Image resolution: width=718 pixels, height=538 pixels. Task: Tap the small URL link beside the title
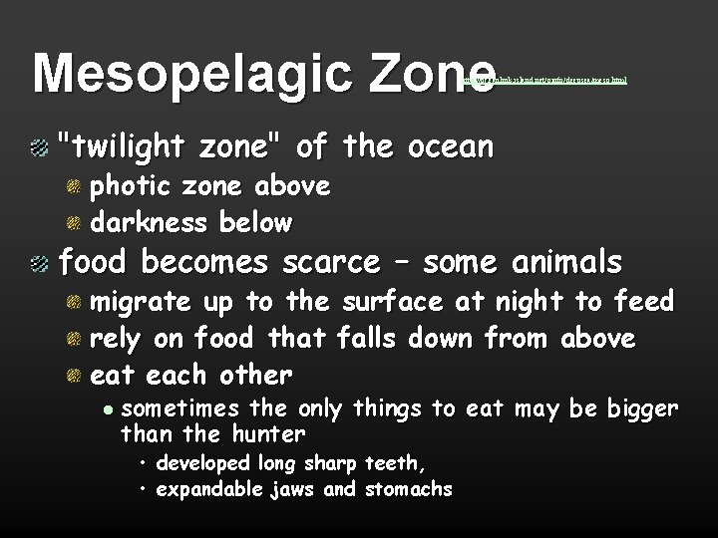pos(547,80)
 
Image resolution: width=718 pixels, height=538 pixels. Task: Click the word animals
pos(567,262)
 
